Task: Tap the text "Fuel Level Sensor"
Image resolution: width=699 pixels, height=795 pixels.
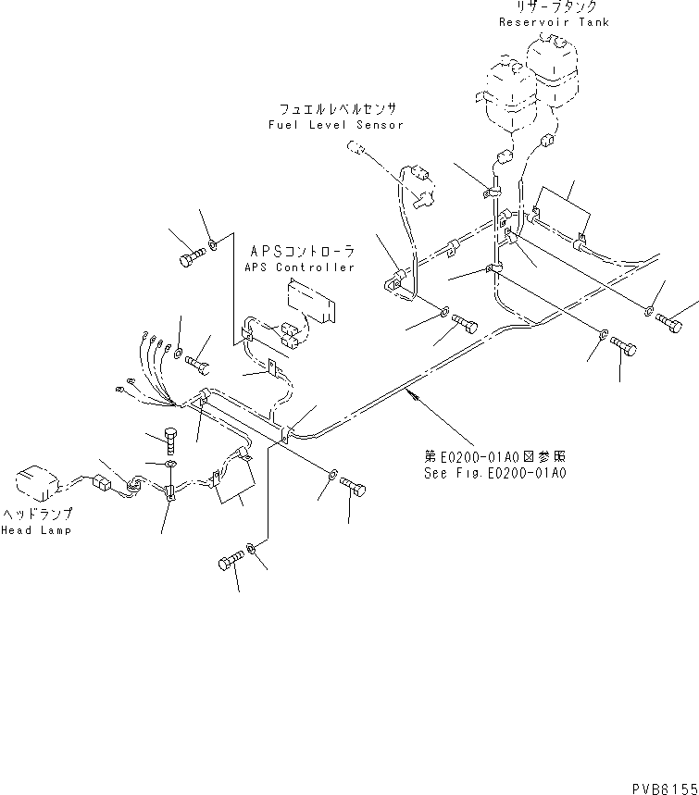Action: [x=335, y=124]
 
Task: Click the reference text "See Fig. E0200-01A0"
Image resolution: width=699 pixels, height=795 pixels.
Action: [x=491, y=472]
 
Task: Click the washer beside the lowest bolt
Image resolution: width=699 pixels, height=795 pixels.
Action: [x=254, y=552]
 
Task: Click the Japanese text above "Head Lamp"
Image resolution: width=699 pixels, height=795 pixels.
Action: [x=37, y=514]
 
